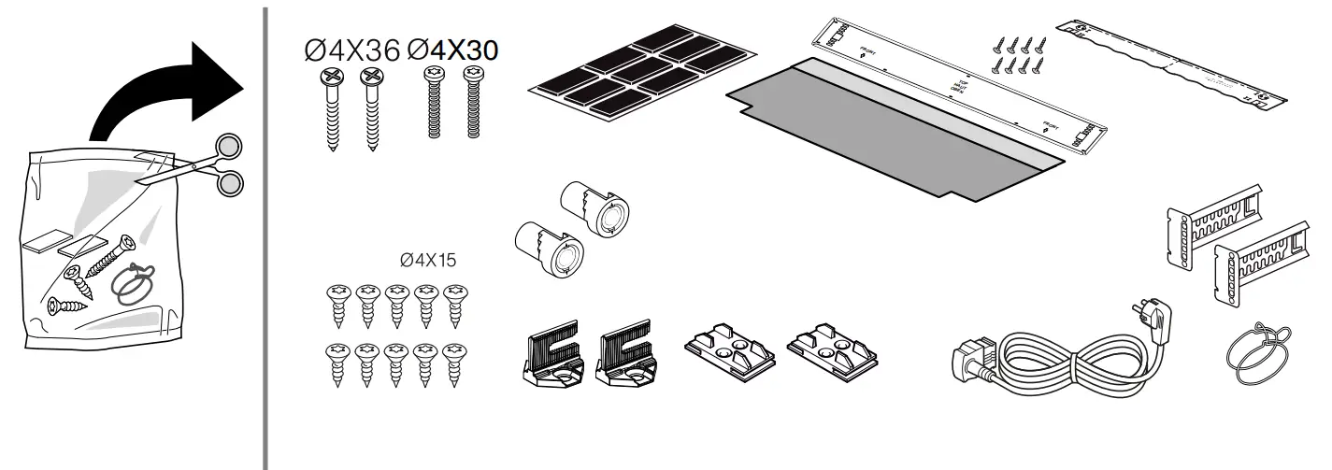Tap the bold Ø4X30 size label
(452, 50)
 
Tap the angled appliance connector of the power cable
(976, 361)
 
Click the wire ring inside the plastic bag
(134, 281)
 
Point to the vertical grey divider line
(265, 234)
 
